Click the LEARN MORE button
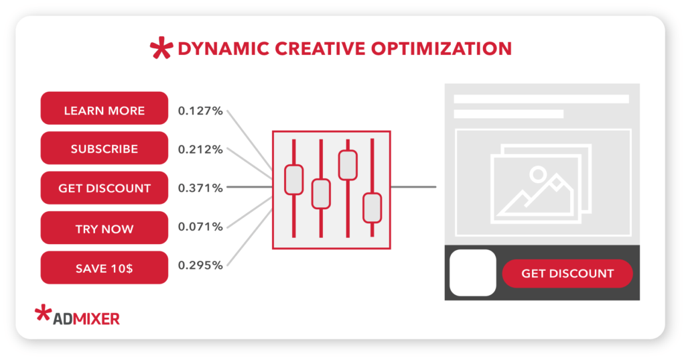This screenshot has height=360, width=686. [104, 108]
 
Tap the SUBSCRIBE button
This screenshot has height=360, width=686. [104, 148]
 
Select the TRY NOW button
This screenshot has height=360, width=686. [104, 228]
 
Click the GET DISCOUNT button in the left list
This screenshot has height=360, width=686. [104, 188]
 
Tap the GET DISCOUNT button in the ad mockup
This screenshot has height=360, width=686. [567, 274]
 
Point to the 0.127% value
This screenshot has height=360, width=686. [200, 111]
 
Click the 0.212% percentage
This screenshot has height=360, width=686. [200, 149]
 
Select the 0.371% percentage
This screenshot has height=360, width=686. [200, 188]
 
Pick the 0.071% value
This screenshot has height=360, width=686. [200, 227]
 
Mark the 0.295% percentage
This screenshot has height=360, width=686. [200, 265]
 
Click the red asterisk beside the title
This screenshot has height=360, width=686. [161, 48]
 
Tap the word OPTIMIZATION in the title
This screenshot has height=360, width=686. [441, 49]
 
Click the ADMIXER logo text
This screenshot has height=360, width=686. [86, 319]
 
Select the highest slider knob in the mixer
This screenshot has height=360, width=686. [348, 165]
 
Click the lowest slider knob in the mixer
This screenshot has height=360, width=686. [372, 208]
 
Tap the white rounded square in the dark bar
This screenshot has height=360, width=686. [473, 273]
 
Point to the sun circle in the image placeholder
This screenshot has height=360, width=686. [538, 174]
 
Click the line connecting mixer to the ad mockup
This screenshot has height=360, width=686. [413, 187]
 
